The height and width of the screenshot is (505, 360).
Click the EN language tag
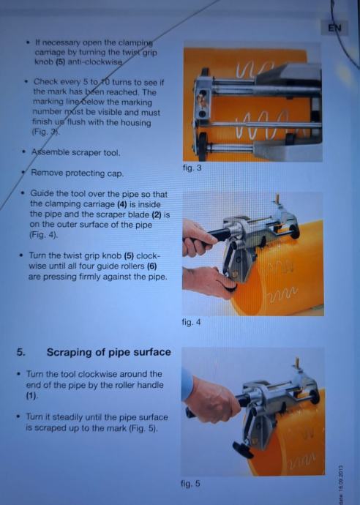click(x=334, y=29)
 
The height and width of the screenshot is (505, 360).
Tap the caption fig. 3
click(x=192, y=168)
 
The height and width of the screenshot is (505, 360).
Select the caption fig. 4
click(x=191, y=322)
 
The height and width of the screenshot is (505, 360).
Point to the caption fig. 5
click(x=191, y=484)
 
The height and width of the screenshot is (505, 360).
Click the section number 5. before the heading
click(x=21, y=352)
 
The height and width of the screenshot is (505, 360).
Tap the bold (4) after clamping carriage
click(x=122, y=204)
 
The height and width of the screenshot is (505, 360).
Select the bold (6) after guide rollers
click(x=151, y=266)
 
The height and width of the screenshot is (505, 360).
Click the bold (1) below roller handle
click(x=31, y=395)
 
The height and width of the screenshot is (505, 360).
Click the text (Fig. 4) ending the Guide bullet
click(x=43, y=235)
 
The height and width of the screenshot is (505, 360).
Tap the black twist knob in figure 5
click(x=243, y=449)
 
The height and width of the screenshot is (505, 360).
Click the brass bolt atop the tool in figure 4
click(x=277, y=198)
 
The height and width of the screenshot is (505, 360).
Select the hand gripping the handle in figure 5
click(x=212, y=400)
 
